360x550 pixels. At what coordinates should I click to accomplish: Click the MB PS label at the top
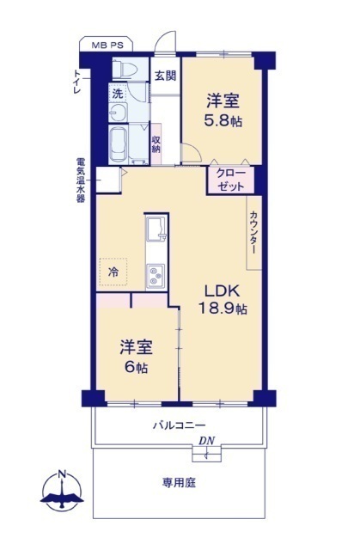(x=107, y=46)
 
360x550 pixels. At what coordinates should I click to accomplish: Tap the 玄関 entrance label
(x=165, y=76)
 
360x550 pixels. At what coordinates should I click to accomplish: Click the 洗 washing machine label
(x=118, y=94)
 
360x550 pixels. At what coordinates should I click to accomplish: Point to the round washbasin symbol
(x=118, y=113)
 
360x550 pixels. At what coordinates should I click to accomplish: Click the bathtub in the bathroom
(x=119, y=144)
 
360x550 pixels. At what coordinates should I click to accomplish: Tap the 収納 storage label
(x=156, y=144)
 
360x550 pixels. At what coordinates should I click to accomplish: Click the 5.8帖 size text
(x=223, y=120)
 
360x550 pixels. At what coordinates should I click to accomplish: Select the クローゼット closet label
(x=230, y=180)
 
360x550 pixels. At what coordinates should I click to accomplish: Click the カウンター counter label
(x=253, y=232)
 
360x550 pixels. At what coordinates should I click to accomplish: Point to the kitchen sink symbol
(x=156, y=229)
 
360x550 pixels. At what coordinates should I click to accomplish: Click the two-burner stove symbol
(x=156, y=276)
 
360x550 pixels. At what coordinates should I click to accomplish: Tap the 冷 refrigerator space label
(x=113, y=272)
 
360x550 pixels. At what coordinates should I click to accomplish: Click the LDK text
(x=223, y=290)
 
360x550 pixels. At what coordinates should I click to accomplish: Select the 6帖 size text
(x=136, y=367)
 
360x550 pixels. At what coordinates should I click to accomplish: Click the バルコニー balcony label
(x=179, y=425)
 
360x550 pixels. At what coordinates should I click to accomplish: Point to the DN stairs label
(x=207, y=441)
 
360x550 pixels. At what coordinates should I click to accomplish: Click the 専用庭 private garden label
(x=179, y=483)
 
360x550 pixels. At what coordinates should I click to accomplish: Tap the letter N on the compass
(x=63, y=474)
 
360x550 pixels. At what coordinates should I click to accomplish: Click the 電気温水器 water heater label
(x=81, y=180)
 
